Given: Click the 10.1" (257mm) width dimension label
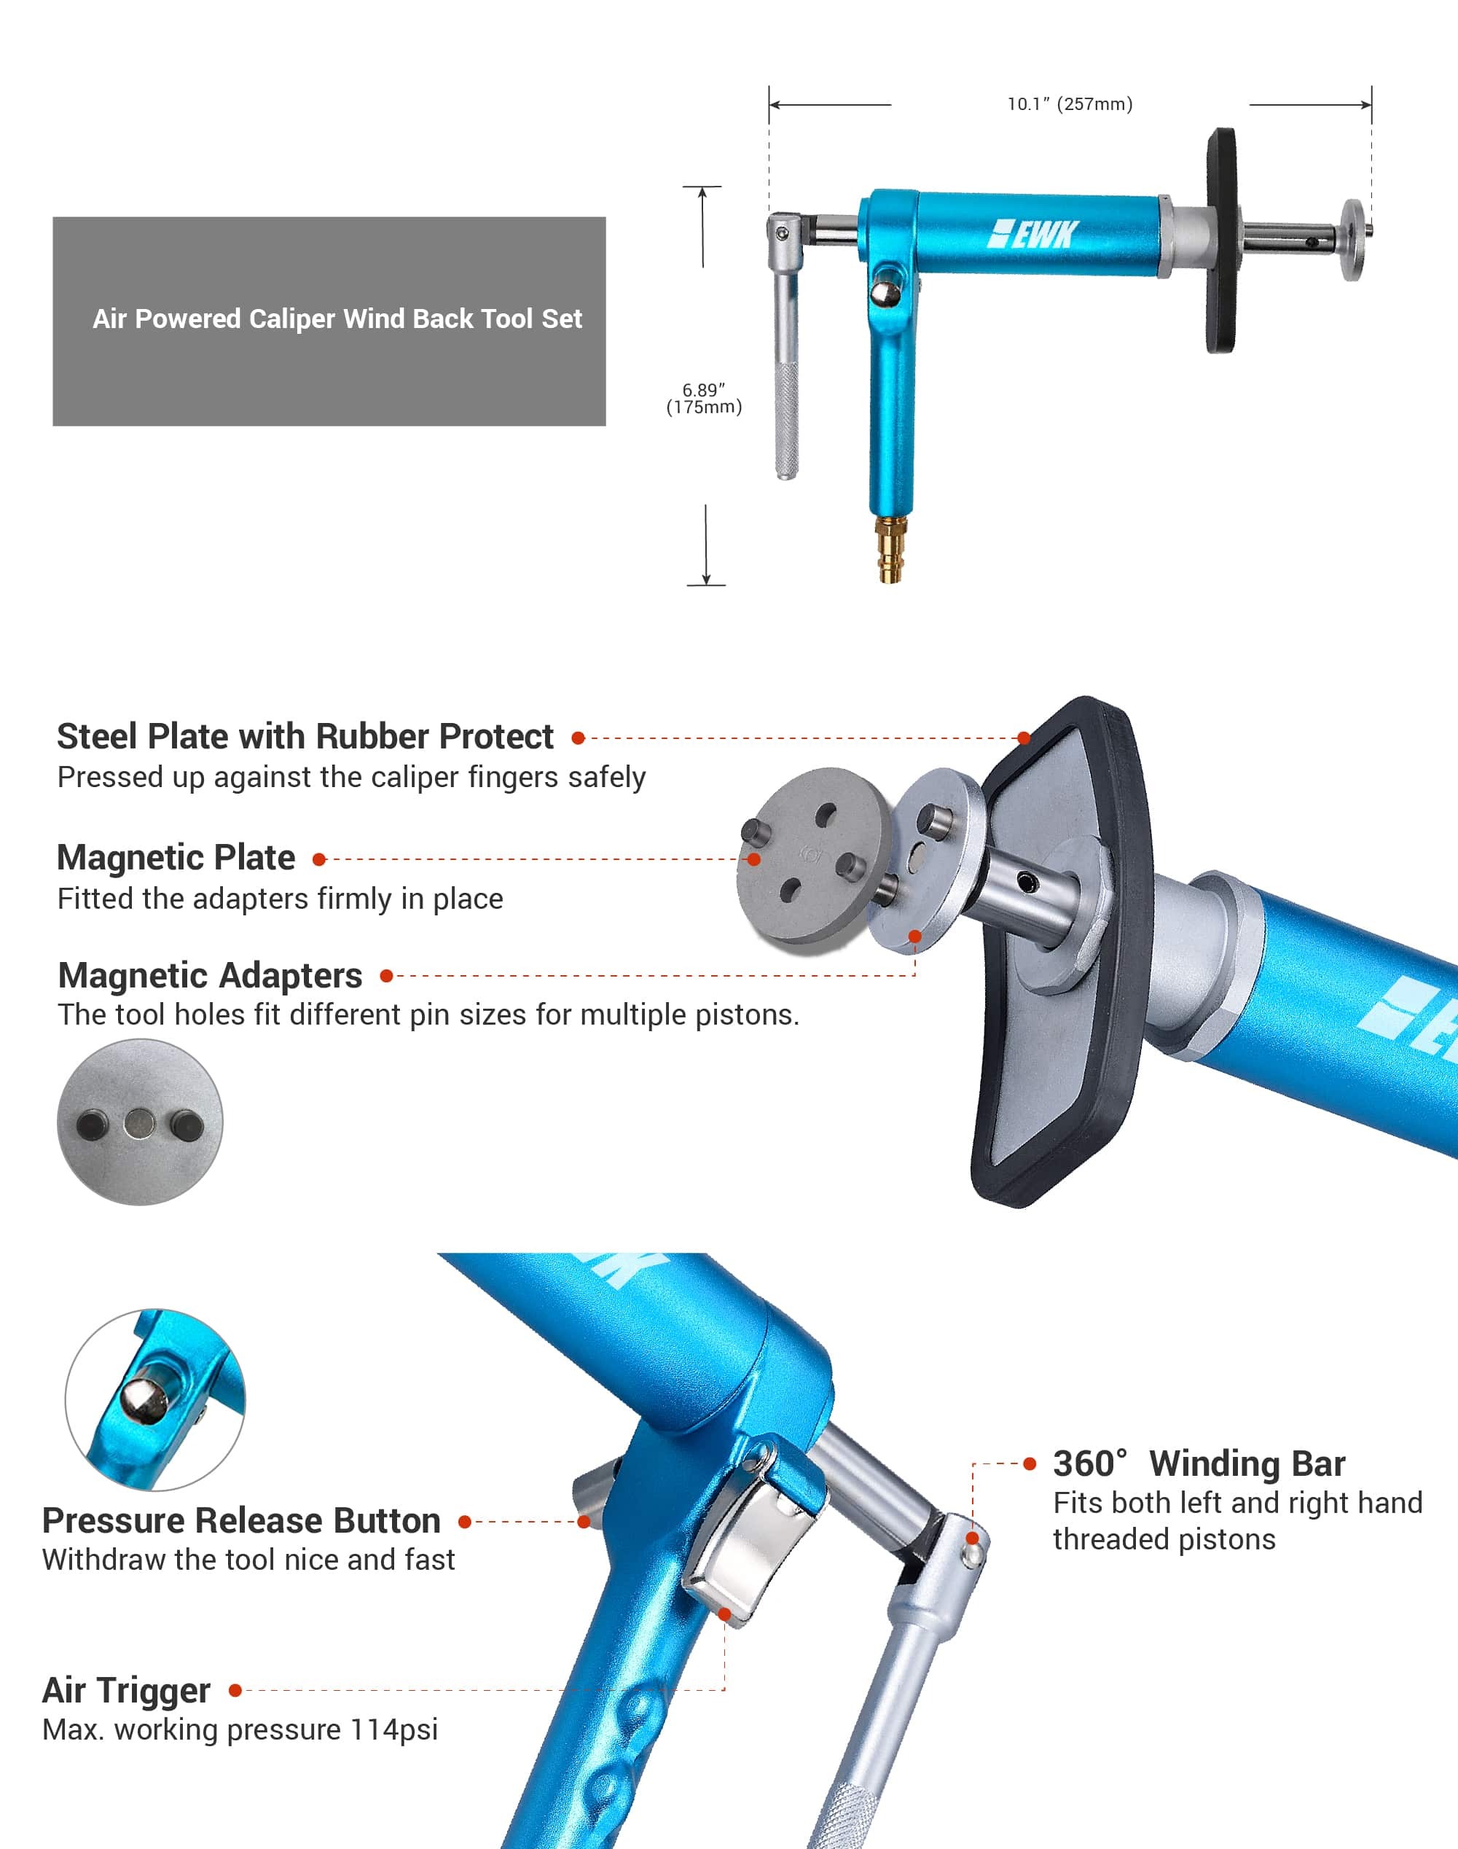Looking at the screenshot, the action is pyautogui.click(x=1070, y=104).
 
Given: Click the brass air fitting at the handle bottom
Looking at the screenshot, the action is pyautogui.click(x=890, y=549).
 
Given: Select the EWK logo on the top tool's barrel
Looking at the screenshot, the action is pyautogui.click(x=1033, y=234).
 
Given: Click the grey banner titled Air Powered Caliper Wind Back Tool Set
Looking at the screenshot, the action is pyautogui.click(x=329, y=321).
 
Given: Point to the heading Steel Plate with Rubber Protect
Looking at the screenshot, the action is pyautogui.click(x=305, y=736).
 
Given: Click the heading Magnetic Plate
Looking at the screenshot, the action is pyautogui.click(x=176, y=857).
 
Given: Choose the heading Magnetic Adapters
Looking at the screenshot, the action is pyautogui.click(x=210, y=975).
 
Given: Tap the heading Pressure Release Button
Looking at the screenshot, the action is pyautogui.click(x=242, y=1520).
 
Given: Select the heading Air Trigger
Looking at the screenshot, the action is pyautogui.click(x=126, y=1690).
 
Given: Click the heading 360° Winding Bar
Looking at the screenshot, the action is pyautogui.click(x=1199, y=1463).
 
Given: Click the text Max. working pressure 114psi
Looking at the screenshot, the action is pyautogui.click(x=240, y=1729).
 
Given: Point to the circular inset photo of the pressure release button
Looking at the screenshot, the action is pyautogui.click(x=154, y=1400).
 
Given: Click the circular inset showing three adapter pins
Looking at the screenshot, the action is pyautogui.click(x=140, y=1122).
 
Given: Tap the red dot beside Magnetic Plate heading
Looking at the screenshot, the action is pyautogui.click(x=319, y=859).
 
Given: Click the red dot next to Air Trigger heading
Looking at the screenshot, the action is pyautogui.click(x=235, y=1690).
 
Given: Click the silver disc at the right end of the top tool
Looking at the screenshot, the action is pyautogui.click(x=1352, y=240).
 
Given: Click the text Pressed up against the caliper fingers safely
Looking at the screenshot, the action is pyautogui.click(x=352, y=778).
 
